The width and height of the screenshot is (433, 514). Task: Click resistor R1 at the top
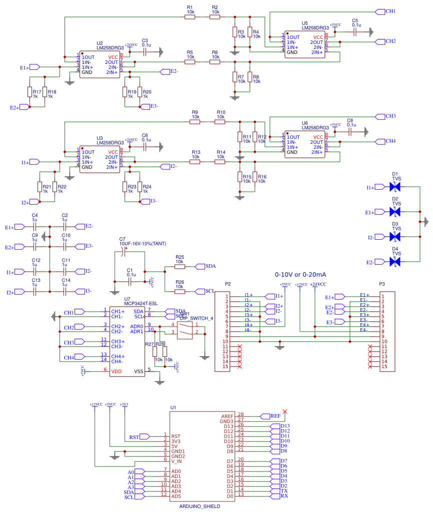click(x=189, y=16)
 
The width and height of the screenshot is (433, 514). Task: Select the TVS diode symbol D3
click(x=395, y=238)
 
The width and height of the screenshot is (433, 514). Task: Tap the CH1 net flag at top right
click(x=385, y=11)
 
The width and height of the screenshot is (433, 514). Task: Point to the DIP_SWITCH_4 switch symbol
click(x=185, y=330)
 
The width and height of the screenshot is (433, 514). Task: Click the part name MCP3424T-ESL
click(x=140, y=303)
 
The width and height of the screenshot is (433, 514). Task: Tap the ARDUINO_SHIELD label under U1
click(x=199, y=506)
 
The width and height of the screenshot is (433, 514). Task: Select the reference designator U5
click(x=305, y=23)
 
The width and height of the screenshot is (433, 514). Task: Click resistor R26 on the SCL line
click(x=179, y=291)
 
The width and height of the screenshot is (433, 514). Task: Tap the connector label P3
click(x=382, y=284)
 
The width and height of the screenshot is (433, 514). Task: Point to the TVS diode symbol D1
click(x=395, y=187)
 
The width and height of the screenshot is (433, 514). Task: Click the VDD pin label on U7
click(x=116, y=371)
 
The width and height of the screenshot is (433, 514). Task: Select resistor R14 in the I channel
click(x=220, y=161)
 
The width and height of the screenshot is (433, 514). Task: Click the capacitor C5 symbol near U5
click(x=354, y=31)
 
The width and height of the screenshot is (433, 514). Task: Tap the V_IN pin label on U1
click(x=177, y=461)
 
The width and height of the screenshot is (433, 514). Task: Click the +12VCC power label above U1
click(x=96, y=405)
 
